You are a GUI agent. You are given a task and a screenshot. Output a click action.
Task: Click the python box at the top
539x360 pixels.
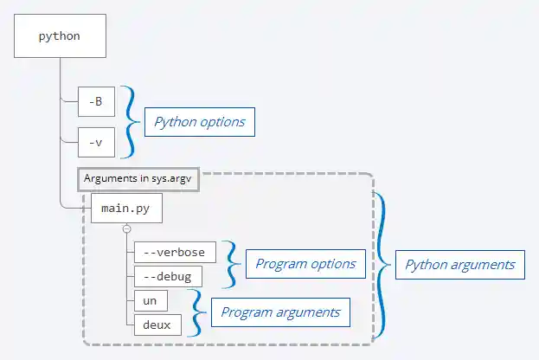click(61, 36)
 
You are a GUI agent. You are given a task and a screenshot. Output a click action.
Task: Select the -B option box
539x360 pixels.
click(96, 101)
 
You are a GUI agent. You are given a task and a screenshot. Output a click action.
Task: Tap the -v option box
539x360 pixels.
click(96, 141)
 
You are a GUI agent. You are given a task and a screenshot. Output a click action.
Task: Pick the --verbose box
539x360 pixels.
click(174, 252)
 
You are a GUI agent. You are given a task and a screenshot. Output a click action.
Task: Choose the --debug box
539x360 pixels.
click(168, 276)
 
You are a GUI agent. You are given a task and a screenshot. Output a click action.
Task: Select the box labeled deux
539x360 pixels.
click(157, 325)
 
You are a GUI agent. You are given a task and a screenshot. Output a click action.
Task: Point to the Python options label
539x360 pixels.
click(199, 122)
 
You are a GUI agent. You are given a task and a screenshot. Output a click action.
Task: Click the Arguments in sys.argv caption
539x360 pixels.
click(138, 178)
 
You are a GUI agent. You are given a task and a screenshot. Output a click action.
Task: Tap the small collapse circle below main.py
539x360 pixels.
click(126, 228)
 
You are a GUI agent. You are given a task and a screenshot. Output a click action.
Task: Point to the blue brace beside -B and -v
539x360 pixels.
click(129, 121)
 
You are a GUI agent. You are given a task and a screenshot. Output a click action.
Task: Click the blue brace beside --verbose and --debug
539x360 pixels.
click(231, 264)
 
